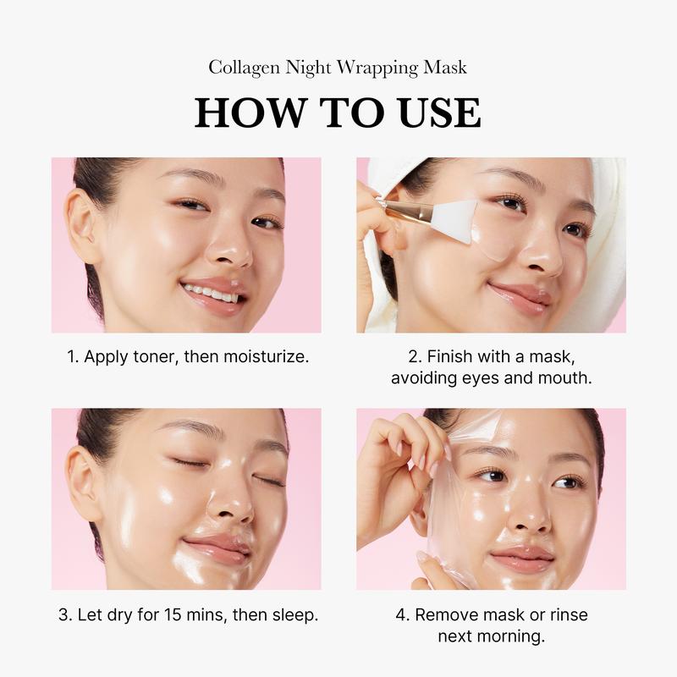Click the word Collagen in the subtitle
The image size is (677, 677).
point(242,67)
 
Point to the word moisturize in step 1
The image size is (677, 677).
point(267,356)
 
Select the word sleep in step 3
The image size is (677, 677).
point(293,614)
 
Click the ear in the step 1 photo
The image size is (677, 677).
point(82,223)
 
